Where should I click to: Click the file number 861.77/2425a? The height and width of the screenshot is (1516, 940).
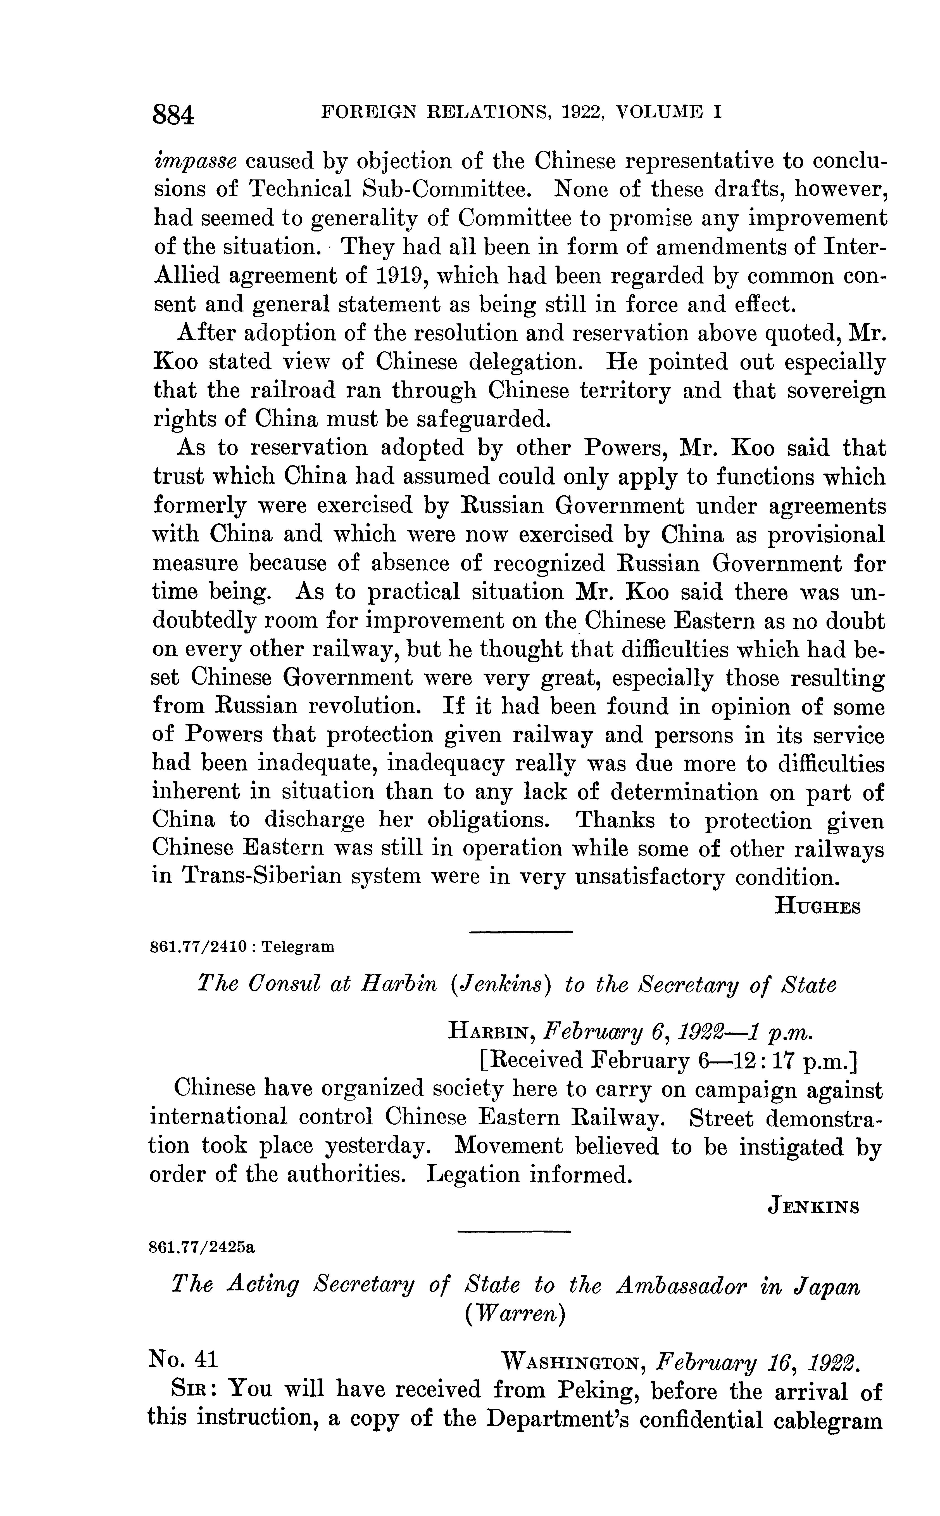[x=202, y=1247]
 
